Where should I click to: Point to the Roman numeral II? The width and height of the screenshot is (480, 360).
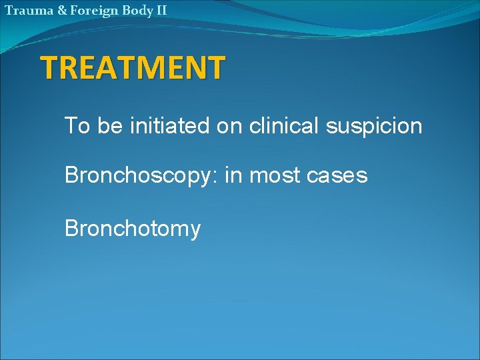[x=160, y=10]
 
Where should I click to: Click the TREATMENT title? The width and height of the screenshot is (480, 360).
[x=133, y=67]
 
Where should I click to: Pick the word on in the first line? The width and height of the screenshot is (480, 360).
[x=229, y=125]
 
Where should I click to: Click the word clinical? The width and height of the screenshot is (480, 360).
[x=285, y=125]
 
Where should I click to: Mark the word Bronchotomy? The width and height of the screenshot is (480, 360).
[x=132, y=229]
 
